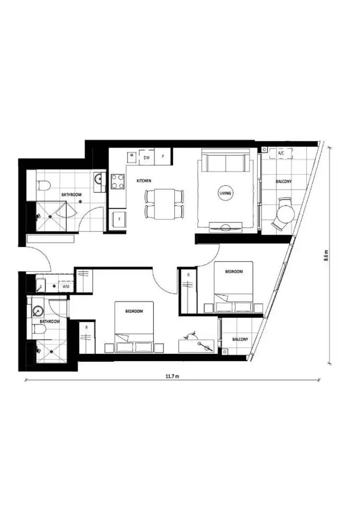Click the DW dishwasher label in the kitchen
(x=147, y=157)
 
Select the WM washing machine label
(x=66, y=286)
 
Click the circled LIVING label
(x=225, y=193)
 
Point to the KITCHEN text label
(x=144, y=181)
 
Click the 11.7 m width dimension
(x=172, y=376)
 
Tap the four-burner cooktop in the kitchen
(x=118, y=181)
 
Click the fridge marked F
(x=118, y=219)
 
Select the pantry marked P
(x=163, y=157)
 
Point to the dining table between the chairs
(x=164, y=204)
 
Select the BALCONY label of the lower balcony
(x=240, y=340)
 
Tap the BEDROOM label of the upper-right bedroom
(x=234, y=271)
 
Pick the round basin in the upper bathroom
(x=99, y=179)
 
